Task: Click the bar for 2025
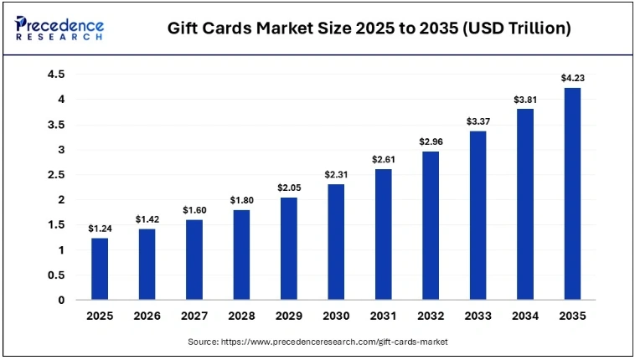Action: tap(100, 269)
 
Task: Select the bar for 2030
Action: tap(336, 242)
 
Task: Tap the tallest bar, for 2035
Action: tap(573, 193)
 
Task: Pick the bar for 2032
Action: tap(431, 225)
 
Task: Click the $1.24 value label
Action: tap(100, 228)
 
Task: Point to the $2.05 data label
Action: tap(289, 188)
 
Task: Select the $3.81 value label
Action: tap(525, 100)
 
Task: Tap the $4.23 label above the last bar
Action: tap(573, 78)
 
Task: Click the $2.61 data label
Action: tap(384, 159)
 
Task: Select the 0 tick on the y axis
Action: tap(59, 300)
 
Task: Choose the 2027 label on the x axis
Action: tap(194, 316)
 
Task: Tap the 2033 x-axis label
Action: tap(478, 316)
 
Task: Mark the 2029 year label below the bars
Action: tap(289, 316)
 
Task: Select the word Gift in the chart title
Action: tap(183, 28)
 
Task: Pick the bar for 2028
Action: tap(241, 255)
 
